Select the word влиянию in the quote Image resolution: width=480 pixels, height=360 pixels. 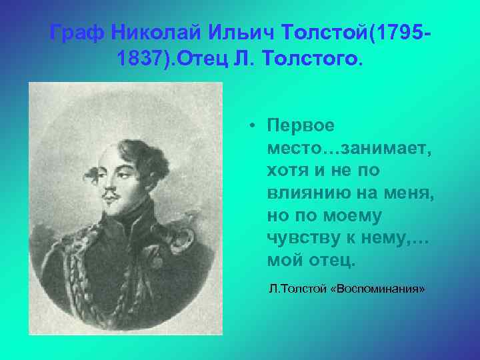(x=301, y=193)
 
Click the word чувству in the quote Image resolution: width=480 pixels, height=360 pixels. (x=300, y=239)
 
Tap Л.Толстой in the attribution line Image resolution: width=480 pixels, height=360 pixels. (x=297, y=289)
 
